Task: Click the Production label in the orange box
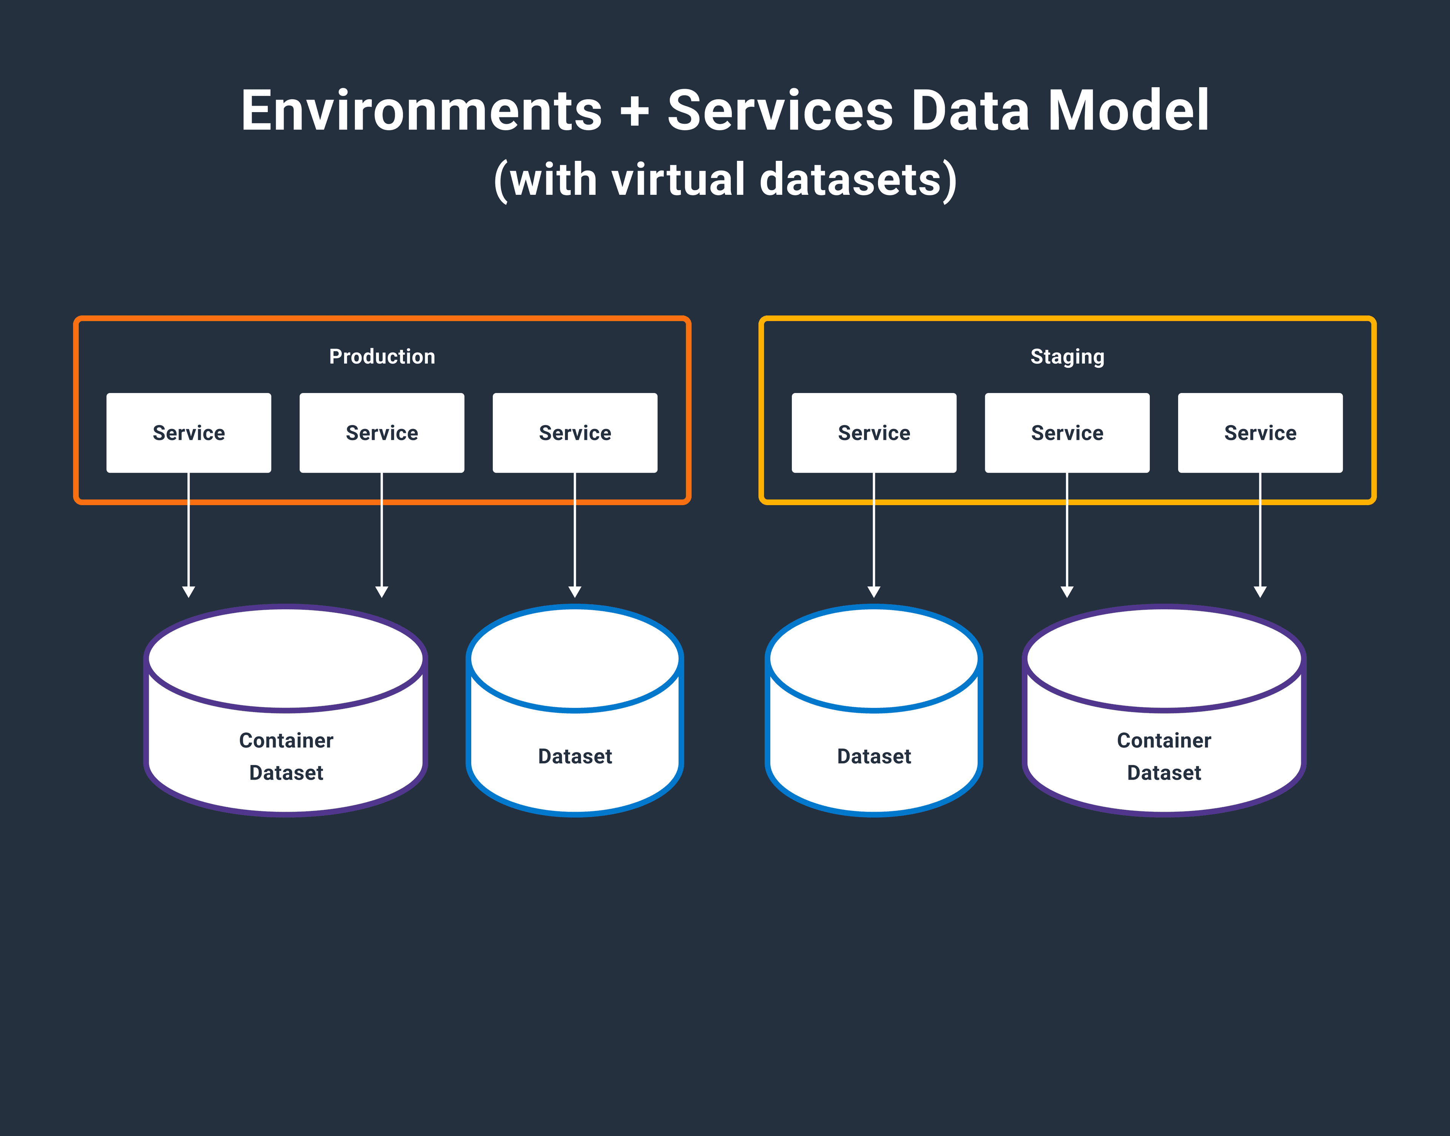[382, 356]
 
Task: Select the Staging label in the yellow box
[1067, 356]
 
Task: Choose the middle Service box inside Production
[382, 433]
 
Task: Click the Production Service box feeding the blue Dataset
[575, 433]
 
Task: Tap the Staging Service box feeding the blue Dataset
[874, 433]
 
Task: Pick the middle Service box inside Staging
[1067, 433]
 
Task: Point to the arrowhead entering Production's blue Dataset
[575, 591]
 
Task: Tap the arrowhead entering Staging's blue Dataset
[874, 591]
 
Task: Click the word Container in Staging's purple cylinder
[1164, 740]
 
